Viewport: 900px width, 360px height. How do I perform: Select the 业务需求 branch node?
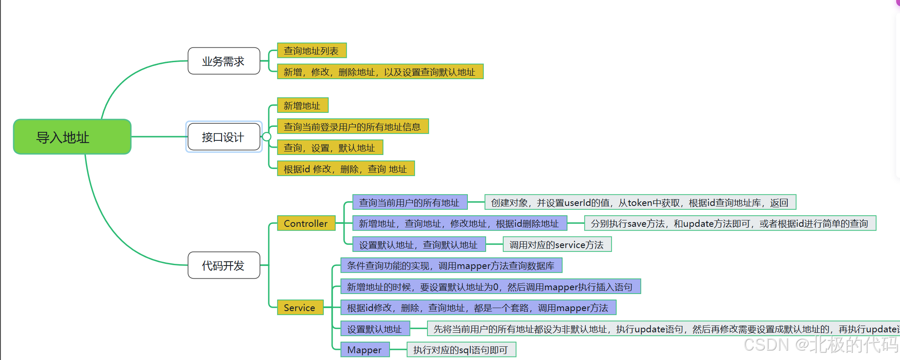[224, 61]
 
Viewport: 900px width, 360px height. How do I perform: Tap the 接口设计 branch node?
[224, 137]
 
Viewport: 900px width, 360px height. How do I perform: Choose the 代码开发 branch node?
[224, 266]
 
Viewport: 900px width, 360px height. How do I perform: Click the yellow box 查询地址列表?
[312, 51]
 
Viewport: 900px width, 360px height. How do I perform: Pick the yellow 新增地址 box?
[302, 106]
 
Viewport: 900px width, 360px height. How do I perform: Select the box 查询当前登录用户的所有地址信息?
[353, 126]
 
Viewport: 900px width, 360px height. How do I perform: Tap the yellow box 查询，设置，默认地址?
[330, 148]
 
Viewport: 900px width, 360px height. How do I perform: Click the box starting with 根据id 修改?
[346, 169]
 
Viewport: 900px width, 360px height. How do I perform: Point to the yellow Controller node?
[306, 223]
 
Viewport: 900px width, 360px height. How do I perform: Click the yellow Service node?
[300, 308]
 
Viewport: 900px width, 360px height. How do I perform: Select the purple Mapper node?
[365, 350]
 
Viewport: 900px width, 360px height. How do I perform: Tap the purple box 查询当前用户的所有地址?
[410, 203]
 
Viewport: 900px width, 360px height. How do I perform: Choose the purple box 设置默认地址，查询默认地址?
[419, 245]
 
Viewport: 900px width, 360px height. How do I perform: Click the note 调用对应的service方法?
[557, 245]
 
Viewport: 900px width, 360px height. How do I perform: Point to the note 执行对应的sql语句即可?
[461, 350]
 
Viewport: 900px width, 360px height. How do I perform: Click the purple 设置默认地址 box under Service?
[375, 329]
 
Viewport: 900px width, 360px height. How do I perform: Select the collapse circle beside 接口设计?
[267, 137]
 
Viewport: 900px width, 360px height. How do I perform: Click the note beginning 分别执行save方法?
[730, 223]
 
